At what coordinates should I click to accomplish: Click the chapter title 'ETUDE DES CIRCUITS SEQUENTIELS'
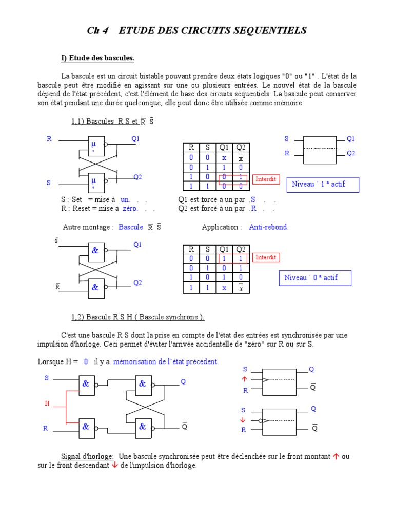tap(212, 31)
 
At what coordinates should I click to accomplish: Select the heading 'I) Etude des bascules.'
tap(97, 58)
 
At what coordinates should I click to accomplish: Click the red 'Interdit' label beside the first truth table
tap(266, 179)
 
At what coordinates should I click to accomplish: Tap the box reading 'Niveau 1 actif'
tap(322, 184)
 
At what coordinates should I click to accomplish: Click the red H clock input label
tap(47, 403)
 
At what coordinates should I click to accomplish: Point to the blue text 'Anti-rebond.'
tap(269, 227)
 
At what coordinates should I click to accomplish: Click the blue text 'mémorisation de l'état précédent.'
tap(166, 362)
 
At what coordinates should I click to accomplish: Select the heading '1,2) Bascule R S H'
tap(137, 317)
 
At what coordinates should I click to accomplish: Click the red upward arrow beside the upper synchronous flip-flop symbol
tap(244, 380)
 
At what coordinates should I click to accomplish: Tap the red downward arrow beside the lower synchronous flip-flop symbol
tap(244, 420)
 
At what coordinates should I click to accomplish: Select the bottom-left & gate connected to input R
tap(87, 427)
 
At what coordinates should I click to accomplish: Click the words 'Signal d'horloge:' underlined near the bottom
tap(87, 456)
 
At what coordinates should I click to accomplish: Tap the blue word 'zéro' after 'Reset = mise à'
tap(130, 209)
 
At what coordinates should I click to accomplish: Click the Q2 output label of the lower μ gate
tap(137, 177)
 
